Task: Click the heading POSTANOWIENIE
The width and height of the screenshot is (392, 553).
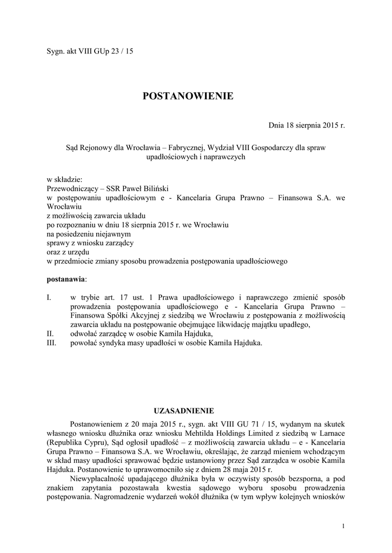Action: pyautogui.click(x=188, y=96)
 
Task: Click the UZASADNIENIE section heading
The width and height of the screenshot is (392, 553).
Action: pyautogui.click(x=185, y=410)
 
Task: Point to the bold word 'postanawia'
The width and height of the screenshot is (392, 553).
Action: pyautogui.click(x=66, y=279)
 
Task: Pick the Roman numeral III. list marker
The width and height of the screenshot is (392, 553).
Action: pyautogui.click(x=52, y=342)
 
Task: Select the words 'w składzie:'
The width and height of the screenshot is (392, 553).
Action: pyautogui.click(x=64, y=180)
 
